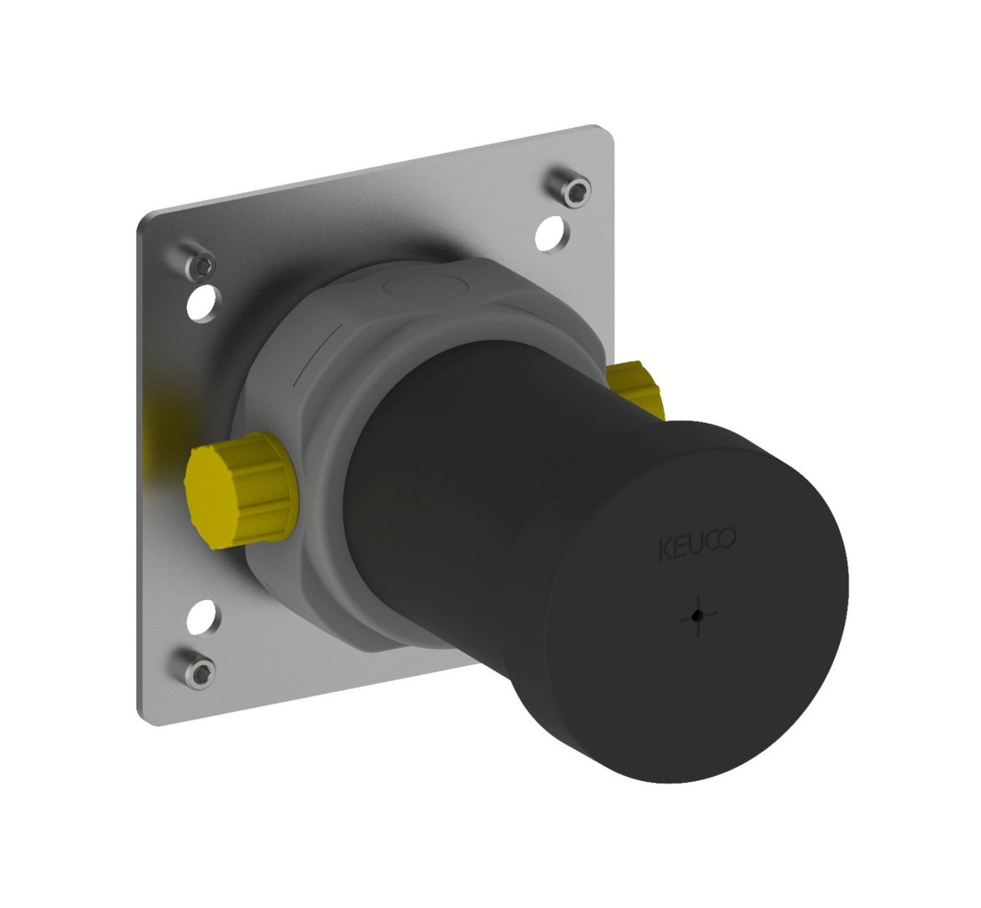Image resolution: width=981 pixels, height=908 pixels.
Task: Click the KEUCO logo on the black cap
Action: [697, 543]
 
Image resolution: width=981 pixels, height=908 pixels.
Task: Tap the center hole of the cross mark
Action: [697, 616]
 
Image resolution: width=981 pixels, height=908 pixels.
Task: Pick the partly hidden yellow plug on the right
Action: [635, 390]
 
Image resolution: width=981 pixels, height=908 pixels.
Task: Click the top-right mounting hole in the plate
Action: [551, 233]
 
